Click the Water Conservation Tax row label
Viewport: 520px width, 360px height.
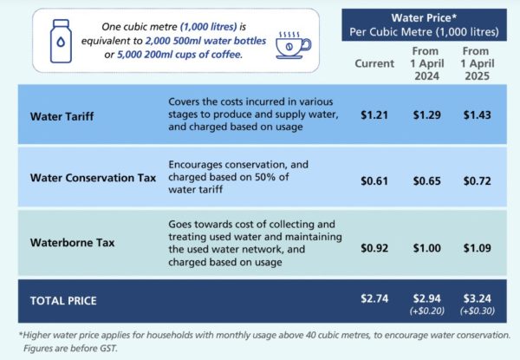[x=92, y=179]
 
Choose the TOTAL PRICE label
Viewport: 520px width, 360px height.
[x=64, y=301]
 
